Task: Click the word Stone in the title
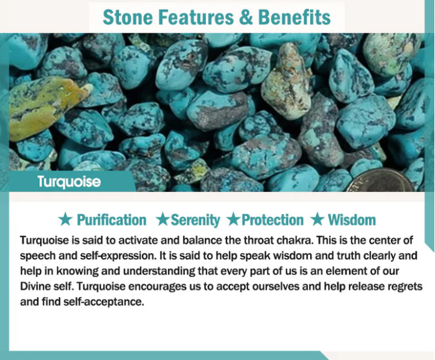(128, 17)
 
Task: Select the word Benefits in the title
(294, 17)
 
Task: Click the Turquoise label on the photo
(69, 181)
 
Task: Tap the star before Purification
(65, 220)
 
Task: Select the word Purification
(111, 220)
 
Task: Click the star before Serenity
(162, 220)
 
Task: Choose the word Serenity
(195, 220)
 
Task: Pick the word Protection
(273, 220)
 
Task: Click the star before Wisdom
(317, 220)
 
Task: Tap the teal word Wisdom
(352, 220)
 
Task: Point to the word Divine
(34, 286)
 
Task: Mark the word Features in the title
(196, 17)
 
